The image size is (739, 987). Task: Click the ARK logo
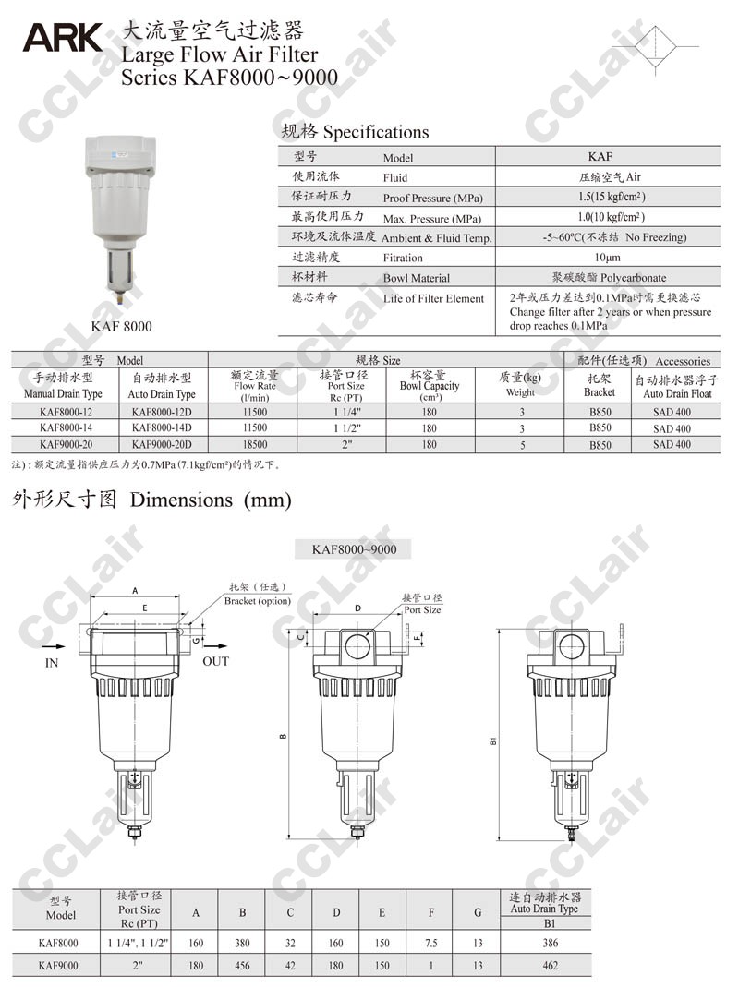pyautogui.click(x=63, y=38)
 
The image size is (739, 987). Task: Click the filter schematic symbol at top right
pyautogui.click(x=655, y=46)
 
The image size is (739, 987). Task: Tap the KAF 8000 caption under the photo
pyautogui.click(x=122, y=326)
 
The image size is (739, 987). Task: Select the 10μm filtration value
pyautogui.click(x=607, y=257)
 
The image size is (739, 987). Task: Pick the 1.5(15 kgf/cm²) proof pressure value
pyautogui.click(x=612, y=197)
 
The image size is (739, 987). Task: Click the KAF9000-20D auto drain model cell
pyautogui.click(x=162, y=444)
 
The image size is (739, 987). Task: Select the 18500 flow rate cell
pyautogui.click(x=255, y=444)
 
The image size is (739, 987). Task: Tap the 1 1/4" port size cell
pyautogui.click(x=347, y=413)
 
